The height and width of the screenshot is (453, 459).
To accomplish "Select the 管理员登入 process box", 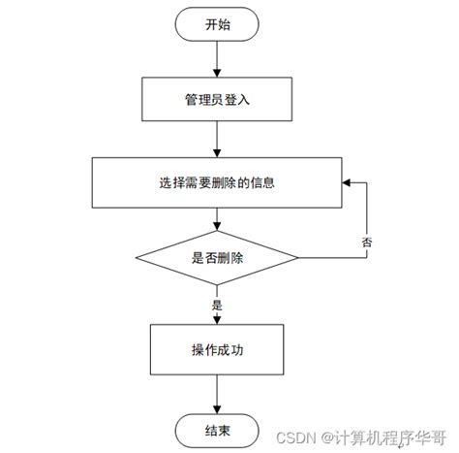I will (217, 99).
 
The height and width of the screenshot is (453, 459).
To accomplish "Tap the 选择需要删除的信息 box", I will (217, 181).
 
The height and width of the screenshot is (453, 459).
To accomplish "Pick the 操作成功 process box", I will (217, 349).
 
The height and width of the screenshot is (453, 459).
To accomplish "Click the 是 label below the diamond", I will (215, 304).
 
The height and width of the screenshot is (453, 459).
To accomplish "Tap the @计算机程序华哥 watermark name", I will (383, 437).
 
